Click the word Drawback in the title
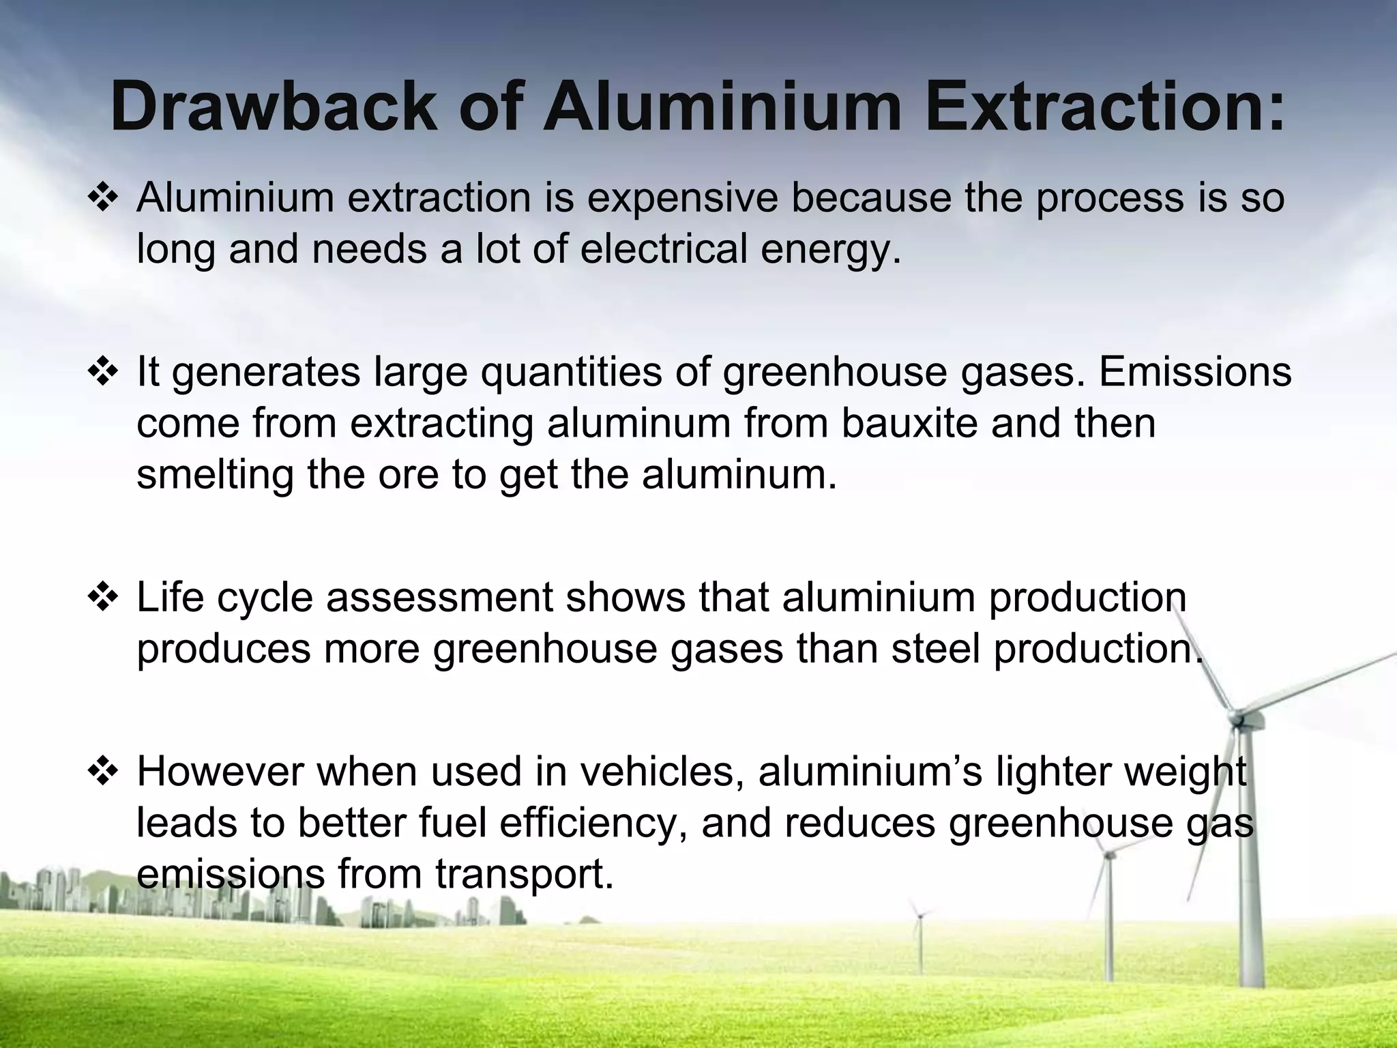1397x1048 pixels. pyautogui.click(x=273, y=107)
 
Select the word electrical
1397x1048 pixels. pyautogui.click(x=664, y=248)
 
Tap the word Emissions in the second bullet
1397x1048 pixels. pyautogui.click(x=1195, y=373)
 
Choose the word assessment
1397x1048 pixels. pyautogui.click(x=439, y=598)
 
